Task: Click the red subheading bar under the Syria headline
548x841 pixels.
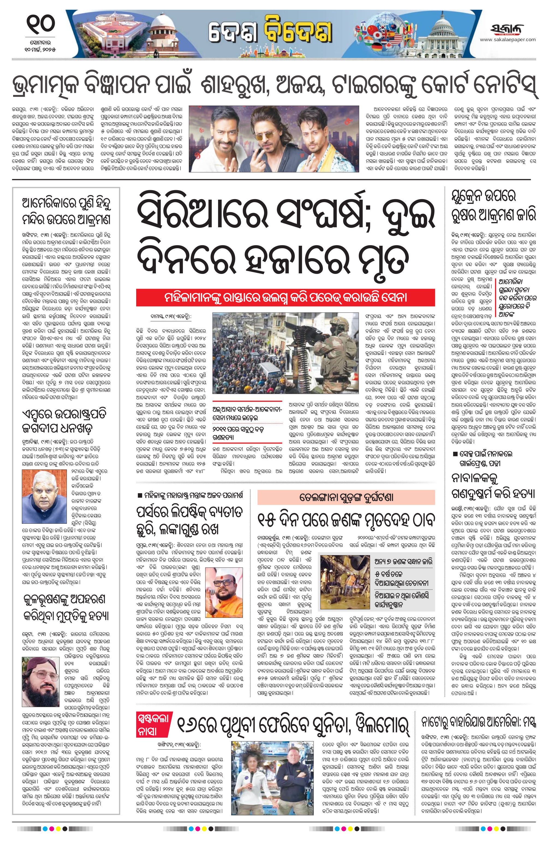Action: pos(285,298)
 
